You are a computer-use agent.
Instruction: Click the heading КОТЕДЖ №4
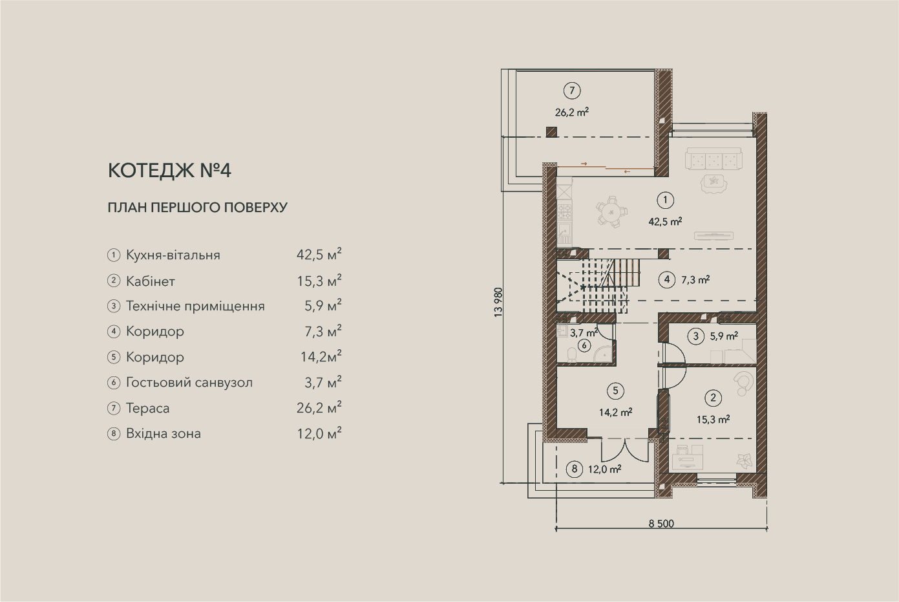(x=169, y=171)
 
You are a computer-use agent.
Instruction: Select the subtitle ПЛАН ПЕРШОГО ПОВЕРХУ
(x=198, y=208)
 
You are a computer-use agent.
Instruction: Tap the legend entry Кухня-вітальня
(x=173, y=255)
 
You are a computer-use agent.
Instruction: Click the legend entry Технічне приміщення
(x=195, y=306)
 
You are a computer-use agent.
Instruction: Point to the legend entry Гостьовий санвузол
(x=189, y=383)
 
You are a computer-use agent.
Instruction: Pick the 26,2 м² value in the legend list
(x=319, y=407)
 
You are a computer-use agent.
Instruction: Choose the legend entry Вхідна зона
(x=164, y=434)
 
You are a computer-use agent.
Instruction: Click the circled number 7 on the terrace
(x=572, y=91)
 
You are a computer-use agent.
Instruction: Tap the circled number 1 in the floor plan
(x=666, y=200)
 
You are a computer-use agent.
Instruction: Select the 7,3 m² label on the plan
(x=695, y=279)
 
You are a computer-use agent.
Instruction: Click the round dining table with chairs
(x=611, y=212)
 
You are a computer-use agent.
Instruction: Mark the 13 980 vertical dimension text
(x=498, y=303)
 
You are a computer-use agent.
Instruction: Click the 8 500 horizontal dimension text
(x=661, y=524)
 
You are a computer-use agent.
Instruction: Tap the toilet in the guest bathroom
(x=571, y=355)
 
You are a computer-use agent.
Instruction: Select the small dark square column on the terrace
(x=551, y=132)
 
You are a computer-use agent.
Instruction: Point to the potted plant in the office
(x=745, y=460)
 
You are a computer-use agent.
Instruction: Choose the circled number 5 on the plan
(x=615, y=391)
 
